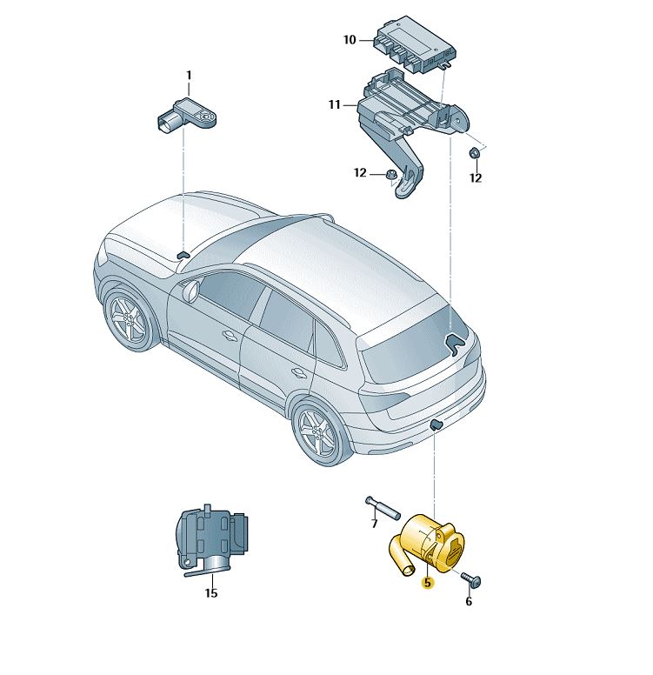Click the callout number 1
point(189,76)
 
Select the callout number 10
point(350,40)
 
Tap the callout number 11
point(335,104)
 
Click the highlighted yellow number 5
point(427,583)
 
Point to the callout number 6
point(469,601)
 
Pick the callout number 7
point(374,524)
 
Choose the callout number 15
point(211,593)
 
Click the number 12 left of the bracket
point(360,173)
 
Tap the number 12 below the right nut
point(476,177)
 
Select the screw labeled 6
point(471,579)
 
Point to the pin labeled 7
point(383,507)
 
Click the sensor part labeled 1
point(186,116)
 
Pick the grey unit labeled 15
point(211,540)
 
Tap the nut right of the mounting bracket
point(475,153)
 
